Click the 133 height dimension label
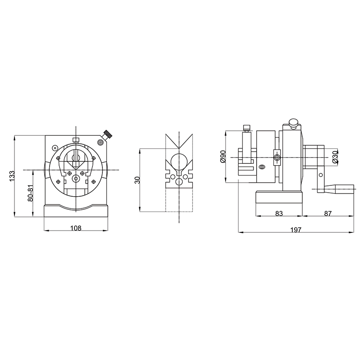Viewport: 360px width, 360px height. [x=12, y=176]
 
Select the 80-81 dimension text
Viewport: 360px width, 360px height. [x=31, y=194]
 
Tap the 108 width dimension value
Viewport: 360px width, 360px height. [x=76, y=228]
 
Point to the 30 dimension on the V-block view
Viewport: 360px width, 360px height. [x=137, y=180]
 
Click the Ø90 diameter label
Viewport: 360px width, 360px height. [x=223, y=157]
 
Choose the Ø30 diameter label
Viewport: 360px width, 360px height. [x=335, y=157]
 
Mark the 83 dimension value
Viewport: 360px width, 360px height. [x=279, y=213]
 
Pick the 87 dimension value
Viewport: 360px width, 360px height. [x=328, y=213]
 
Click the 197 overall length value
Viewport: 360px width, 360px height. [x=296, y=230]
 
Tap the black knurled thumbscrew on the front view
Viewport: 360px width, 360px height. [x=108, y=134]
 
